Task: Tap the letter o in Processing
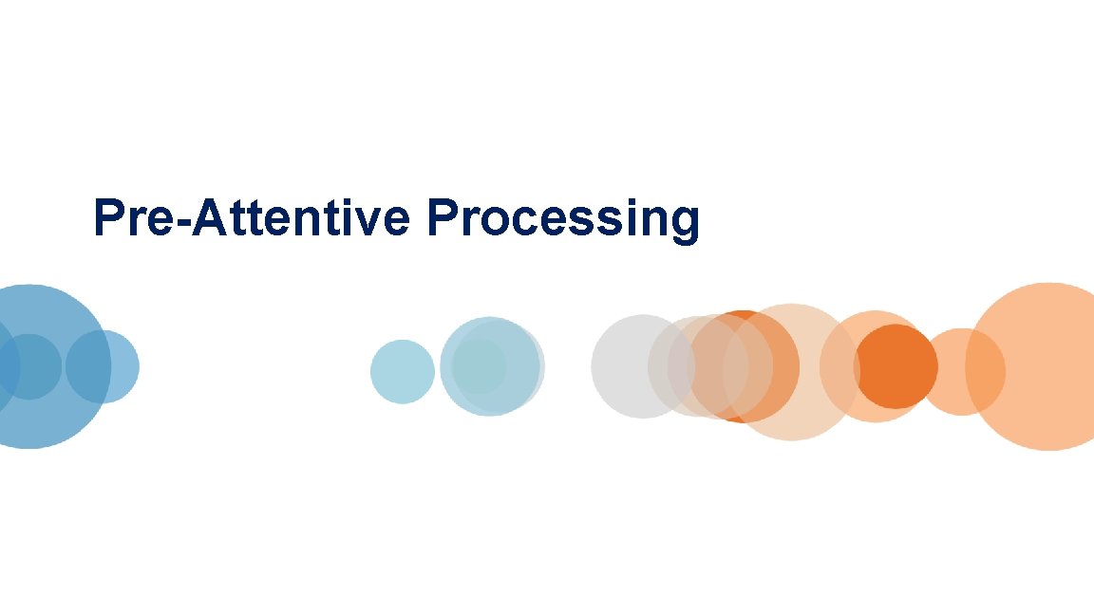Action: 491,221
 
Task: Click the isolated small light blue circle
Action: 402,371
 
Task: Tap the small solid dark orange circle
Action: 896,366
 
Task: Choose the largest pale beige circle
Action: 791,372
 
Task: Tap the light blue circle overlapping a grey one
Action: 486,366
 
